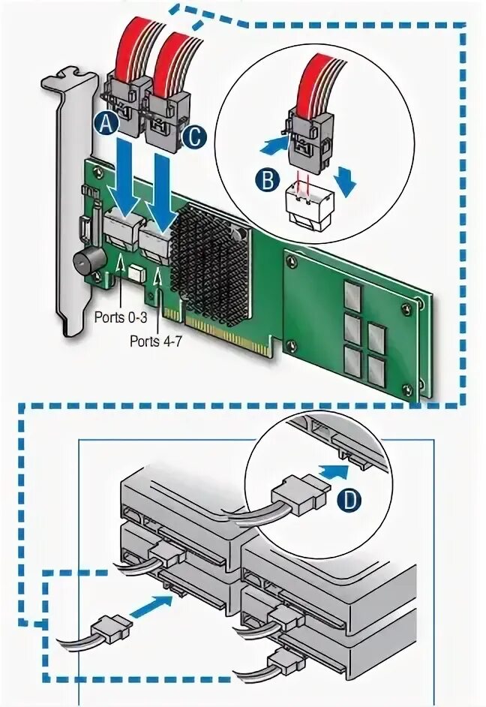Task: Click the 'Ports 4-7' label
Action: (154, 341)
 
